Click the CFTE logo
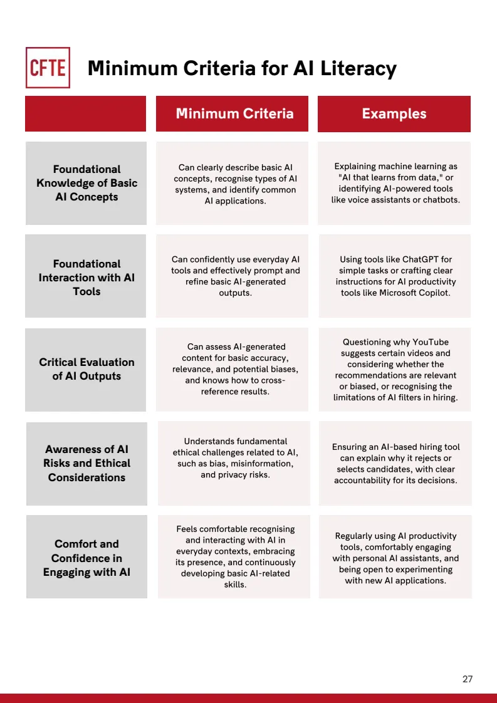pyautogui.click(x=48, y=68)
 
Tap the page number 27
pyautogui.click(x=468, y=679)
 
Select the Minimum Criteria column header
pyautogui.click(x=234, y=113)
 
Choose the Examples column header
pyautogui.click(x=394, y=113)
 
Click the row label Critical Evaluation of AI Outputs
pyautogui.click(x=86, y=369)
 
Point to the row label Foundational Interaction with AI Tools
pyautogui.click(x=86, y=278)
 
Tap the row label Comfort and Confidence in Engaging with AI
pyautogui.click(x=86, y=558)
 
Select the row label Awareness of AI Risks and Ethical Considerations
pyautogui.click(x=86, y=464)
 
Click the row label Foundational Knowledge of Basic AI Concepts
pyautogui.click(x=86, y=183)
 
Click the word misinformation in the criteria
pyautogui.click(x=263, y=464)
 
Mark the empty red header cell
pyautogui.click(x=85, y=113)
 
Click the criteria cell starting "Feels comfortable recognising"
pyautogui.click(x=235, y=556)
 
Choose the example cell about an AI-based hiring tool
pyautogui.click(x=395, y=464)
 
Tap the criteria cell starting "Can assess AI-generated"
pyautogui.click(x=235, y=369)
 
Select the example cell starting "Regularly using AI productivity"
pyautogui.click(x=395, y=558)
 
